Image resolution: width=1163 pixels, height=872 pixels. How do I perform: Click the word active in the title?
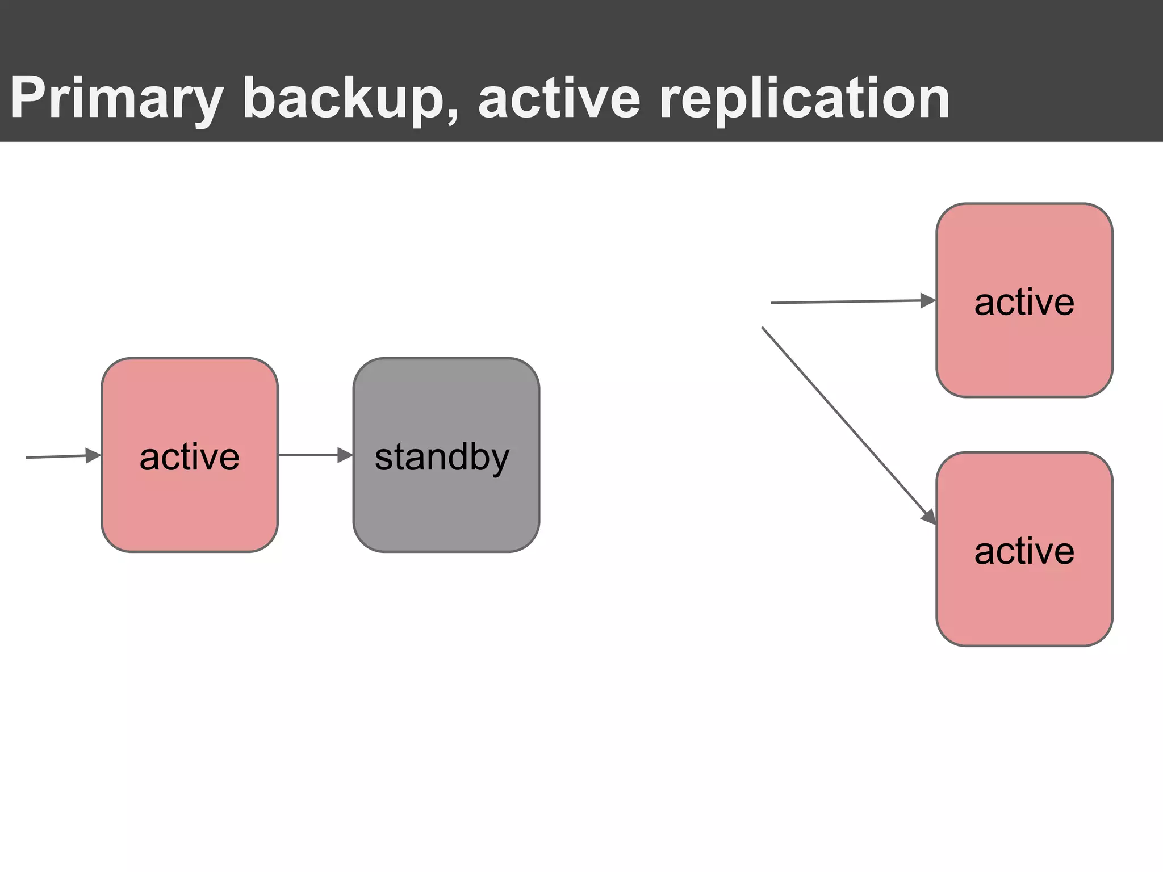[559, 98]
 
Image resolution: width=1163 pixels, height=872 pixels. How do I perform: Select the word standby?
[442, 457]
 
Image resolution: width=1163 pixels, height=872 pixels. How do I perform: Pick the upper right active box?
[1024, 352]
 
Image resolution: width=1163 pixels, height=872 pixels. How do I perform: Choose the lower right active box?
[1024, 602]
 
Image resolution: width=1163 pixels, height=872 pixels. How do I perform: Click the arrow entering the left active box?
[57, 456]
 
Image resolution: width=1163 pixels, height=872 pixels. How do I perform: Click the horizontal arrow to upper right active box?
[846, 301]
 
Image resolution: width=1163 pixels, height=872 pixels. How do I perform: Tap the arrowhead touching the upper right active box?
[928, 300]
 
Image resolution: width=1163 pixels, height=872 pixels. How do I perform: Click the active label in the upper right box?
[1024, 302]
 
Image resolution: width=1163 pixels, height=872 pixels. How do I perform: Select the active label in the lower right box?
[1024, 551]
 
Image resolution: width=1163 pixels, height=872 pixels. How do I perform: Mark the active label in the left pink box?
[190, 457]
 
